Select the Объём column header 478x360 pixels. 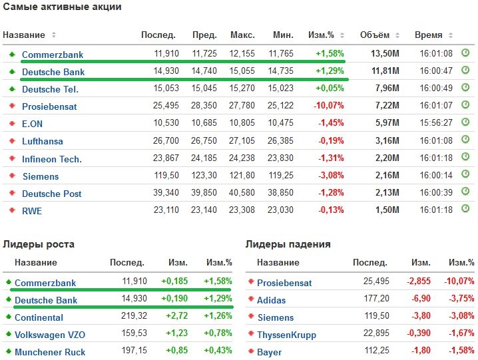point(374,35)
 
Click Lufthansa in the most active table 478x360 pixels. point(43,141)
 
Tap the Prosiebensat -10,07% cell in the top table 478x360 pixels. point(330,106)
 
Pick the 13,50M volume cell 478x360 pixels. point(385,54)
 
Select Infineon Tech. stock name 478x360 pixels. point(52,159)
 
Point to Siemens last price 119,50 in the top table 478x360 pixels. point(164,176)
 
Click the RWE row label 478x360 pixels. point(32,211)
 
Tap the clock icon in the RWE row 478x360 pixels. point(465,210)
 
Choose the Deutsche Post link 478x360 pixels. point(52,194)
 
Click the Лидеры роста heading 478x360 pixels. point(39,244)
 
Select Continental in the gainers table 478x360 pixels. point(39,317)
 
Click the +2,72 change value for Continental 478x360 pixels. point(176,317)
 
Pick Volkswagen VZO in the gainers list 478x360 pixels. point(50,335)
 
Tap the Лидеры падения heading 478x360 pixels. point(288,244)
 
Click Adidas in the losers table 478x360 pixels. point(271,300)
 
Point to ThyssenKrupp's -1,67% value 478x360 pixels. point(461,335)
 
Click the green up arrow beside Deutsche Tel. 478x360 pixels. point(11,89)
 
